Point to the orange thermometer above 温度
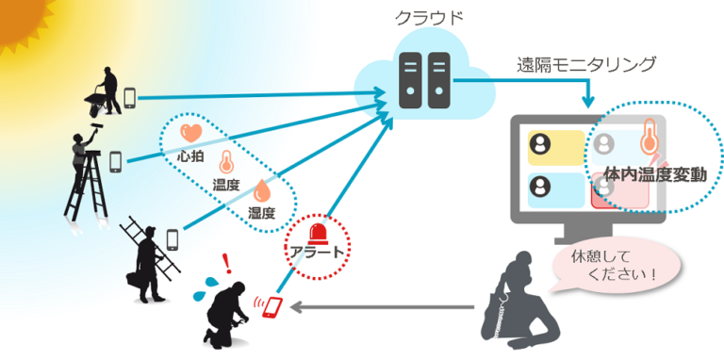pyautogui.click(x=226, y=161)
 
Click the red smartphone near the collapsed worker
pyautogui.click(x=273, y=307)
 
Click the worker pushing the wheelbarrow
pyautogui.click(x=107, y=90)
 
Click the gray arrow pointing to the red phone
pyautogui.click(x=387, y=306)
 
